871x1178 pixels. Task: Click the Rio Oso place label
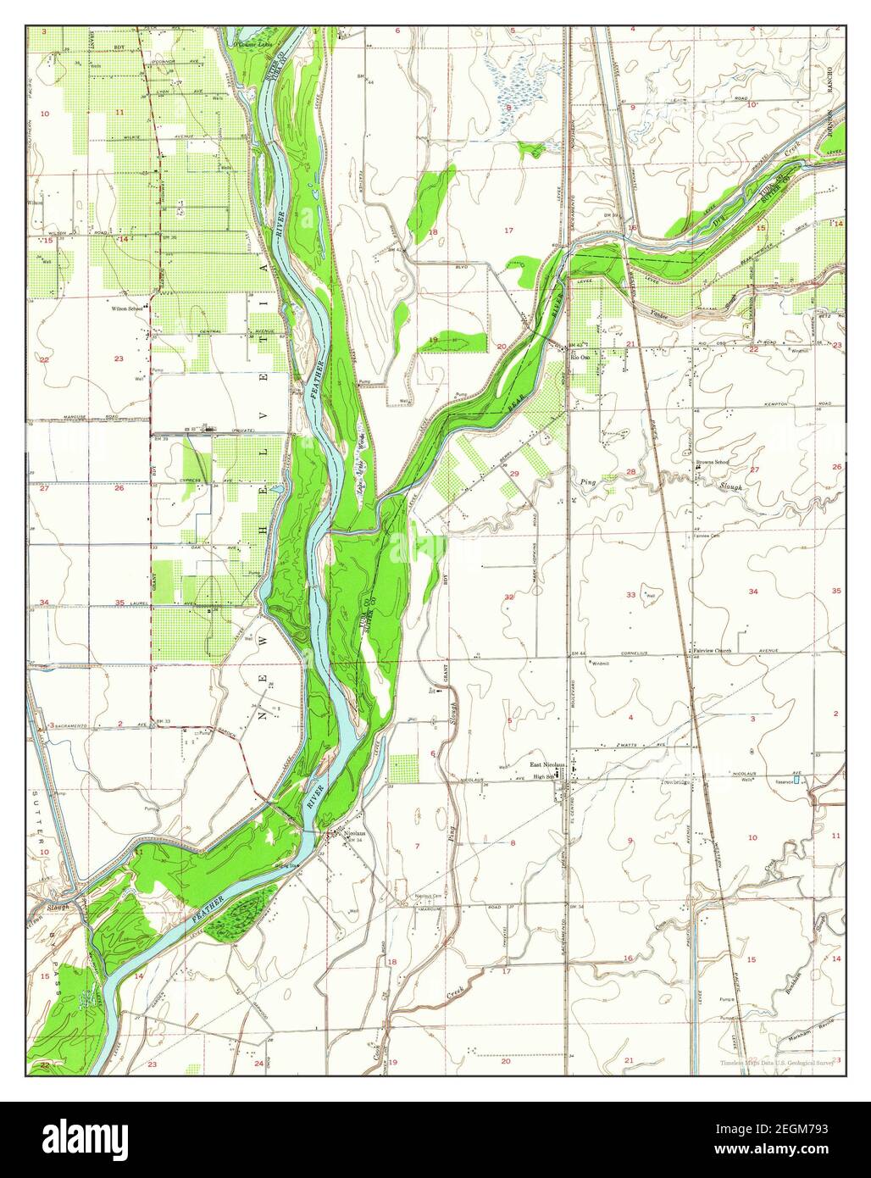580,358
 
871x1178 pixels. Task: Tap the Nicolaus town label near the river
357,833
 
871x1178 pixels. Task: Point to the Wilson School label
128,309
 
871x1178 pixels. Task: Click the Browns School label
712,462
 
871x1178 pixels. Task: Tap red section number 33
630,595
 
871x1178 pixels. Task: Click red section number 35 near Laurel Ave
119,603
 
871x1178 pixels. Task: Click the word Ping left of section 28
587,482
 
